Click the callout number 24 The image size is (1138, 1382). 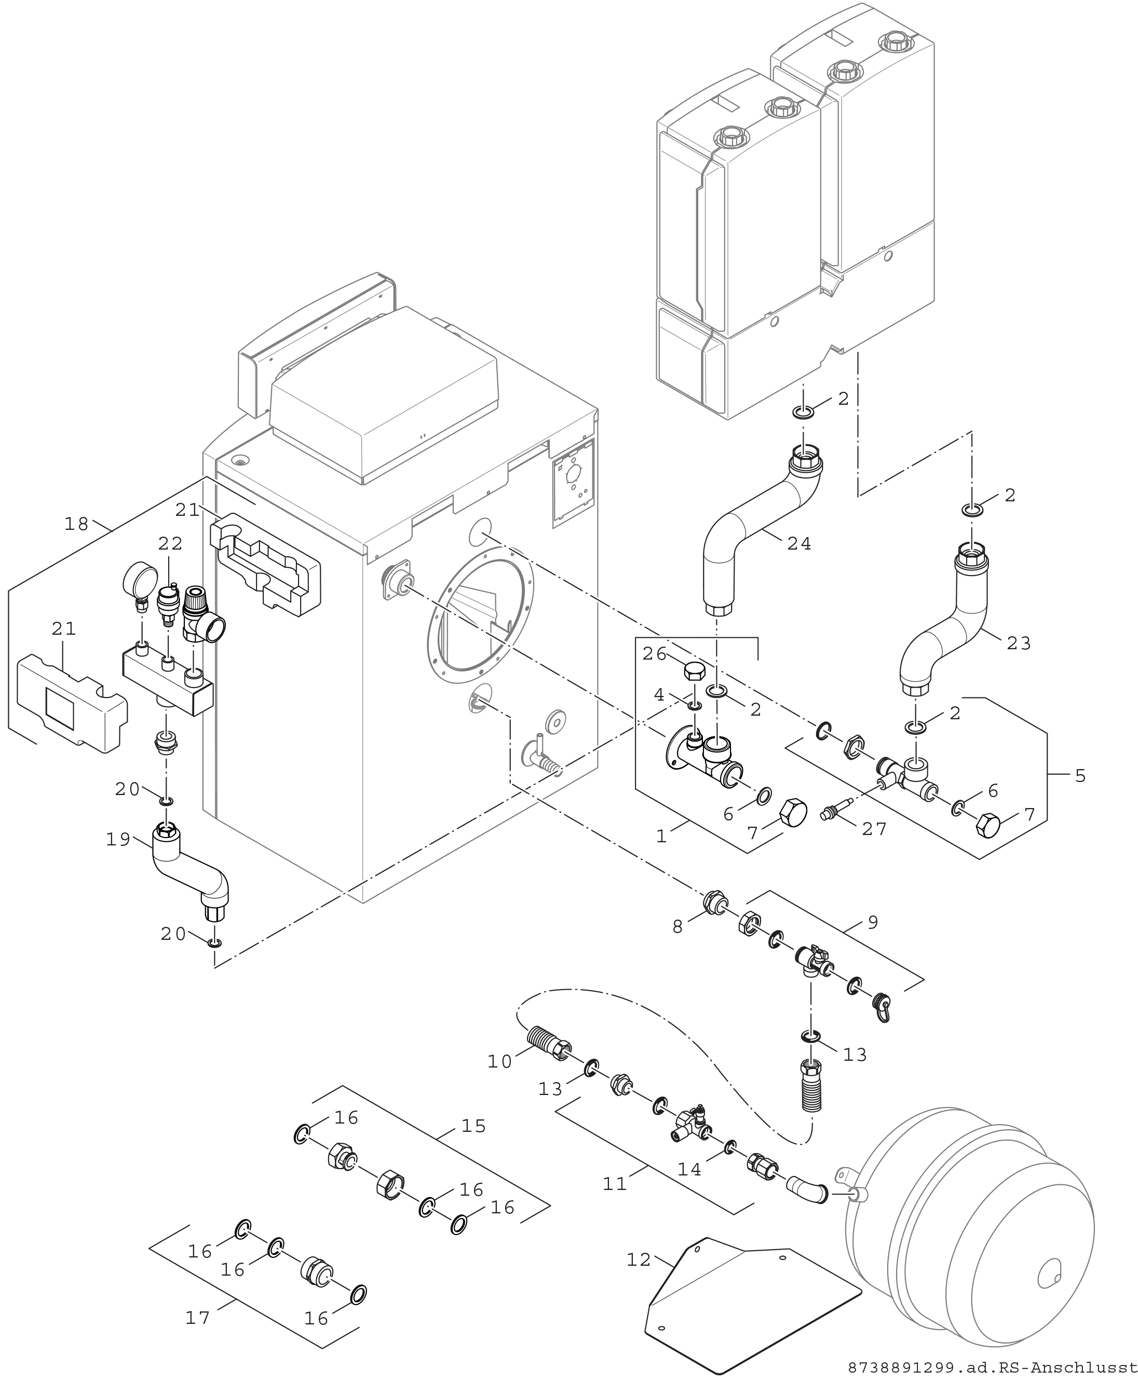[x=799, y=543]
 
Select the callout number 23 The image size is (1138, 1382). [x=1019, y=644]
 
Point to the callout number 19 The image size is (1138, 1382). [x=119, y=840]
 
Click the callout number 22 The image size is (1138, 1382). [x=170, y=543]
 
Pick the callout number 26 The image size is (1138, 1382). [x=654, y=653]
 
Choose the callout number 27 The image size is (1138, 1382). [x=874, y=829]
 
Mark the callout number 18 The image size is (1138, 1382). [x=77, y=524]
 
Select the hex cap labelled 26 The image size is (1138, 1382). [x=695, y=671]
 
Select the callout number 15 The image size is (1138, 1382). [x=473, y=1126]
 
